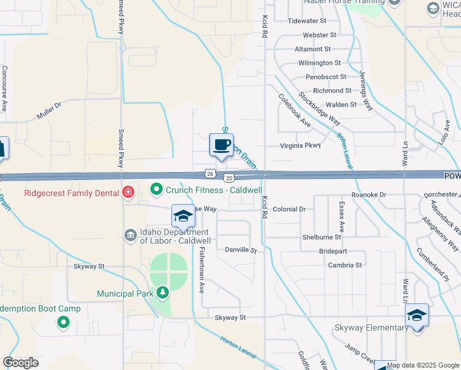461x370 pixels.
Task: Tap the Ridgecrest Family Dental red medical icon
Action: coord(128,192)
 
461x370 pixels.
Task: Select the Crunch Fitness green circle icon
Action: coord(157,189)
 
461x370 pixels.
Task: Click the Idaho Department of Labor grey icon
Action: coord(130,235)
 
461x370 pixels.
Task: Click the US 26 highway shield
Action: coord(211,175)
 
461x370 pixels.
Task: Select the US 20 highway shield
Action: coord(229,178)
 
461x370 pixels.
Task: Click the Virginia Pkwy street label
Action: coord(301,146)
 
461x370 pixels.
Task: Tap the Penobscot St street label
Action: coord(326,77)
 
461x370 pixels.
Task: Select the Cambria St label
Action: coord(345,265)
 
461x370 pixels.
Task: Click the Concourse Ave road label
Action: coord(4,88)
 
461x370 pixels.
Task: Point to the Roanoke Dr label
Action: coord(369,195)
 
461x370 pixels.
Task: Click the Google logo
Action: coord(21,363)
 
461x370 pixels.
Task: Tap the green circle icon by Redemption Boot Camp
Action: coord(62,322)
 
